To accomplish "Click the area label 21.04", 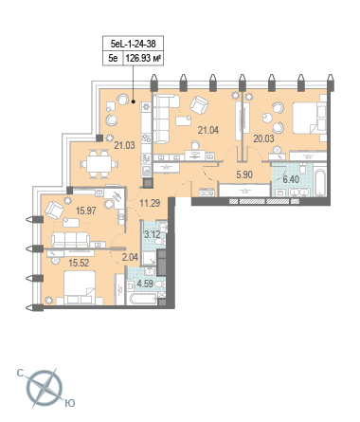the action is [x=208, y=130].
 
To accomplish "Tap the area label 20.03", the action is [x=263, y=138].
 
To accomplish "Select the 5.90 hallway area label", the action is [x=244, y=174].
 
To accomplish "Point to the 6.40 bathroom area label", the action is [x=291, y=179].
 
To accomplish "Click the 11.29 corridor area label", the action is [x=150, y=203].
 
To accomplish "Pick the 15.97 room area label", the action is [x=86, y=211].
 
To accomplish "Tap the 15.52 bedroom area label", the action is [x=79, y=263].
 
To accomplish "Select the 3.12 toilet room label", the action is [x=153, y=235].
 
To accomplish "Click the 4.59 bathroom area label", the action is [x=145, y=284].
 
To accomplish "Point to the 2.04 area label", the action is [x=130, y=257].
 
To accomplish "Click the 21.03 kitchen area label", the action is [x=124, y=145].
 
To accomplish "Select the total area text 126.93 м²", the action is [x=144, y=58].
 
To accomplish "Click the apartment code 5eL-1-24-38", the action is [x=134, y=44].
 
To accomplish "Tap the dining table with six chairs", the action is [x=99, y=164].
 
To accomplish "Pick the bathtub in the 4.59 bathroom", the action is [x=142, y=299].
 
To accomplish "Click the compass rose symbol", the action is [x=45, y=388].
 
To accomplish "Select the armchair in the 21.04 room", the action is [x=199, y=105].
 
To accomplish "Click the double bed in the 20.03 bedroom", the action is [x=310, y=118].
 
